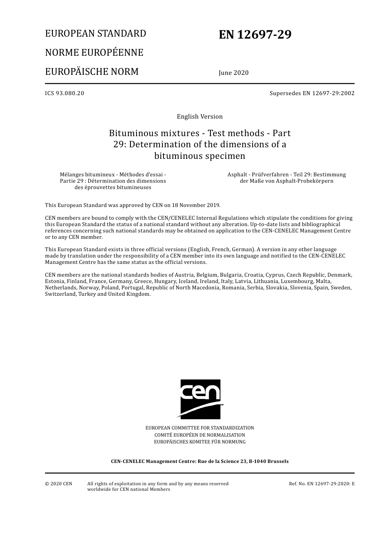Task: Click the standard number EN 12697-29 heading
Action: (x=255, y=35)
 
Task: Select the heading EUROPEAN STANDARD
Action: (x=95, y=33)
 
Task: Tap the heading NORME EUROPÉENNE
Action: (x=94, y=53)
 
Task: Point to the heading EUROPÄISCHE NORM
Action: (x=92, y=72)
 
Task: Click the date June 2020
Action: (x=234, y=72)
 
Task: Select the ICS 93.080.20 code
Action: (x=64, y=93)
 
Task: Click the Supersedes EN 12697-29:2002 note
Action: (x=312, y=93)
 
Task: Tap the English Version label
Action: (x=200, y=117)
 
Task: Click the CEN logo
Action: (x=201, y=399)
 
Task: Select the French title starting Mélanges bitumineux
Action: (x=113, y=181)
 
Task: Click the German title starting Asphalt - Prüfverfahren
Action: (x=286, y=178)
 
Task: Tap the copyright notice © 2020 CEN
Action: (x=58, y=484)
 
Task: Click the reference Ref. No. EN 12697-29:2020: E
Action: (x=321, y=484)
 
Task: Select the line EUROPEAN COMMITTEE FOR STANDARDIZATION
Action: (x=200, y=428)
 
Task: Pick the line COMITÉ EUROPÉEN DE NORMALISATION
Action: (x=200, y=435)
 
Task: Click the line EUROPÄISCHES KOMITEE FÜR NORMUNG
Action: (x=200, y=442)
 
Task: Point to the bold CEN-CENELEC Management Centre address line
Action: (x=200, y=461)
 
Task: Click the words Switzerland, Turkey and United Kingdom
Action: (x=98, y=294)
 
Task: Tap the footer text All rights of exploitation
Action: (x=158, y=484)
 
